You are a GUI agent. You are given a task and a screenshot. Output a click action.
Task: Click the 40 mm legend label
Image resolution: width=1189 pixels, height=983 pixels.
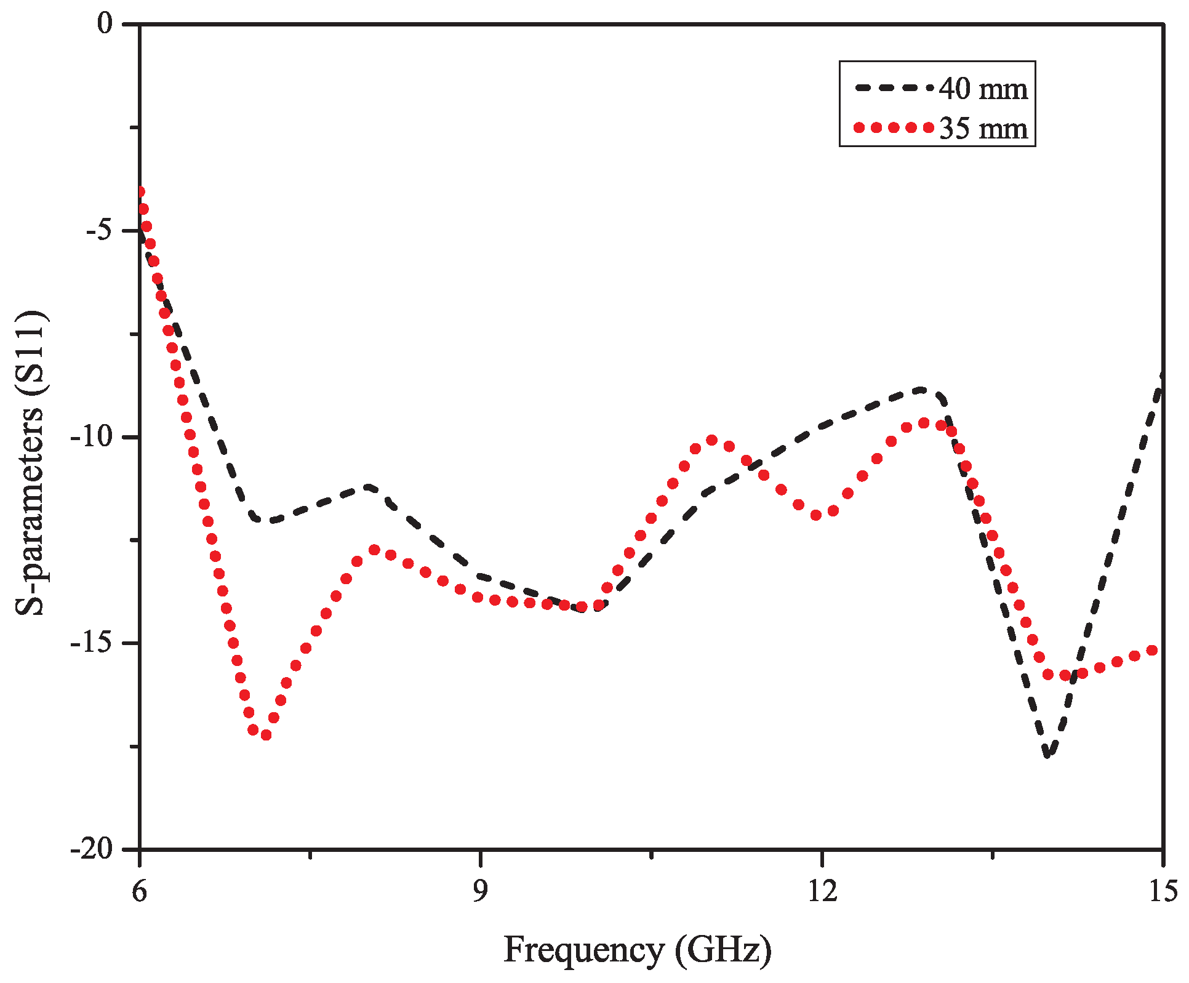click(983, 89)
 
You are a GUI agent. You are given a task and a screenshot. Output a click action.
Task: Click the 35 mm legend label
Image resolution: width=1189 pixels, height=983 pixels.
click(983, 129)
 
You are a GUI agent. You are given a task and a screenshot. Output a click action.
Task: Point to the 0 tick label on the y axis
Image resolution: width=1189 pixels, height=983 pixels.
click(106, 24)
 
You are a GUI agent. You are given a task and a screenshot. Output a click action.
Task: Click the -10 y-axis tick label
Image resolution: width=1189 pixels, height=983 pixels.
click(92, 437)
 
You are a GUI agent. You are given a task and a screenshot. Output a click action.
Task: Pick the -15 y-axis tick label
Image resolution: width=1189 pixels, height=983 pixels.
click(92, 643)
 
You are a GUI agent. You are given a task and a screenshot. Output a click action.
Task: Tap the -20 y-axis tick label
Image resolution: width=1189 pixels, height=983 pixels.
click(92, 849)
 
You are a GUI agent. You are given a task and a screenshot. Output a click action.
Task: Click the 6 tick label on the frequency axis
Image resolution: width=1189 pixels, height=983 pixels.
click(140, 891)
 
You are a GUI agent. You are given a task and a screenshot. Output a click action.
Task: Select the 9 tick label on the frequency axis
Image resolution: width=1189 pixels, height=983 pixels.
click(480, 891)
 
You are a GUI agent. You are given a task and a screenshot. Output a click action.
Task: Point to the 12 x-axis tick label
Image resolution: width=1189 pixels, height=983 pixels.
click(822, 891)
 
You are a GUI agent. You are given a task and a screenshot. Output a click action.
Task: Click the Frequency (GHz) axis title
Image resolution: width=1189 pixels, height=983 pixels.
click(638, 950)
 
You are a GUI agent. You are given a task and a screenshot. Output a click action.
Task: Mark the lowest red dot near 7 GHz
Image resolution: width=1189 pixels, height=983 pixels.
click(266, 735)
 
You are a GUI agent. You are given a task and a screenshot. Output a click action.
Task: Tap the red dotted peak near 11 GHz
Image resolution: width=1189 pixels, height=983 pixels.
click(712, 440)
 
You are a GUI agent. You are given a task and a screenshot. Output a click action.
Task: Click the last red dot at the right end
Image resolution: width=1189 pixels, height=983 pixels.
click(1153, 651)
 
